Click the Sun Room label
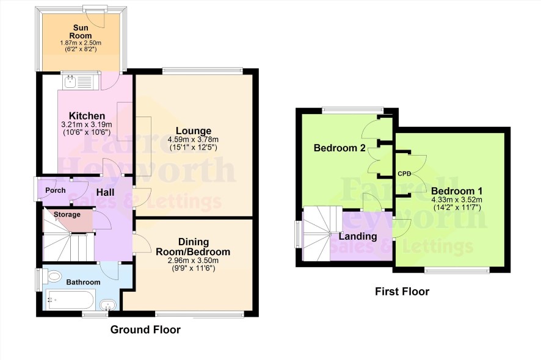click(81, 31)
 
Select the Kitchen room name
click(87, 116)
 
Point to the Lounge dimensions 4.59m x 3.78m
click(193, 140)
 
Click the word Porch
click(56, 190)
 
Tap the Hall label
click(105, 192)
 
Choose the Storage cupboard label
click(67, 215)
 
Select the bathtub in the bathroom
click(70, 300)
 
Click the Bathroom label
click(83, 282)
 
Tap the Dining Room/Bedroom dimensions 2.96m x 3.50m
click(193, 261)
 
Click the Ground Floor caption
click(145, 329)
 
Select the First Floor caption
click(402, 292)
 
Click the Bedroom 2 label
click(339, 148)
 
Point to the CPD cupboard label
click(404, 174)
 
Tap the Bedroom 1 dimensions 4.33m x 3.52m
click(457, 200)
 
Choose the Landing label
click(358, 236)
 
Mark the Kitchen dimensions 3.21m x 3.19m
click(87, 124)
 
